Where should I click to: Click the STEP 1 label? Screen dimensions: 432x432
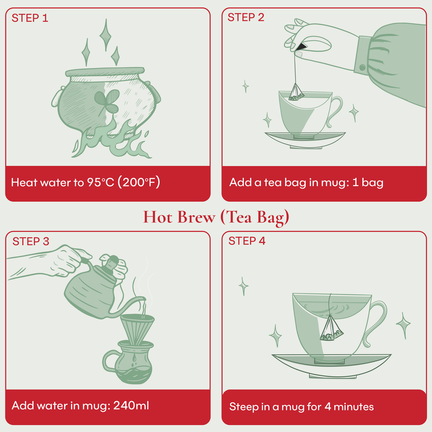30,18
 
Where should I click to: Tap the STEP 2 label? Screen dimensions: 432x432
246,17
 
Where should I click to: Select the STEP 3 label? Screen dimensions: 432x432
31,241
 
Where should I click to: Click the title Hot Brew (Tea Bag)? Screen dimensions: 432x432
216,217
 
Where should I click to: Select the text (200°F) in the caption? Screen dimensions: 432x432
139,183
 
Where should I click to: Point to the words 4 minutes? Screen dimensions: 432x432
349,407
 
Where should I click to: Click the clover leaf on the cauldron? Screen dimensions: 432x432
106,102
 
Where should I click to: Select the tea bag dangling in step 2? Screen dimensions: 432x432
296,93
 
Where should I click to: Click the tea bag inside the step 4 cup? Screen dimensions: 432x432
331,330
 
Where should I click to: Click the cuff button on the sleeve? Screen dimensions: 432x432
362,67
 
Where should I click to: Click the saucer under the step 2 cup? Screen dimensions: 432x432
305,139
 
